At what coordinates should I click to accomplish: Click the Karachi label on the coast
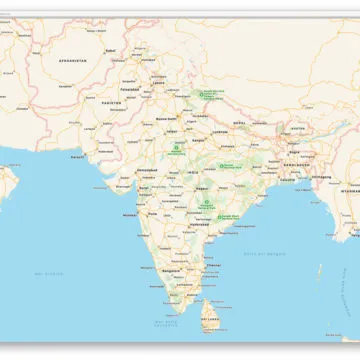click(78, 156)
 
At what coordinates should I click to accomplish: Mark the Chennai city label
click(209, 265)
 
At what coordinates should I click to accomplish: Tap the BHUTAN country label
click(297, 128)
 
